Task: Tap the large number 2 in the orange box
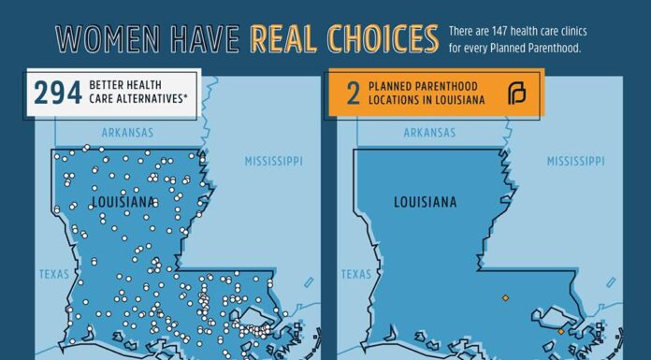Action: pos(353,94)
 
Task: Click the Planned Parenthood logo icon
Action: pos(516,94)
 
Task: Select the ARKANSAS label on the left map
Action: pos(128,134)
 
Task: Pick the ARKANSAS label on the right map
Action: pos(430,134)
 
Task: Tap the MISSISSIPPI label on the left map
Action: pos(274,162)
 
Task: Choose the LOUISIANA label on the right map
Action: pos(425,202)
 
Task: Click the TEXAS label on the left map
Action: pos(52,274)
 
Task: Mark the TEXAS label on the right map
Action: pos(355,274)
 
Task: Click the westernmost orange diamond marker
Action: pos(506,297)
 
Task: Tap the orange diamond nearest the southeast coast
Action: pos(561,330)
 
